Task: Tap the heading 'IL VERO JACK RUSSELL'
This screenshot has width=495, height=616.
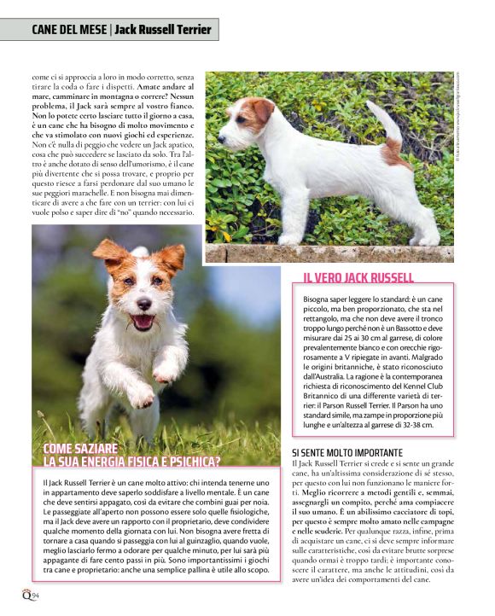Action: [358, 277]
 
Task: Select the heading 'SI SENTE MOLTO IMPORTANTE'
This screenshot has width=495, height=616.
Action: [347, 452]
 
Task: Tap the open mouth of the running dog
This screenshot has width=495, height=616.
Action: [143, 322]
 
